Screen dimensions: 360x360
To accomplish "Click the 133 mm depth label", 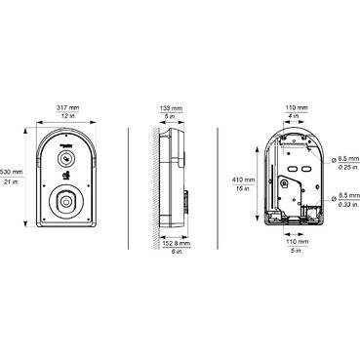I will (172, 107).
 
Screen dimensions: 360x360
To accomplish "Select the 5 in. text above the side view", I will (172, 117).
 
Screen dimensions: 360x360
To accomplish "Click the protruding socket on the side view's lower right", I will (186, 206).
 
